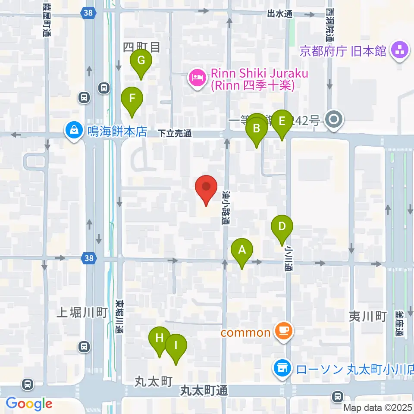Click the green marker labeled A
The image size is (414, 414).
(x=242, y=250)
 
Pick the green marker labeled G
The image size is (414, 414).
(x=141, y=61)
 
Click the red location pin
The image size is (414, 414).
(x=206, y=187)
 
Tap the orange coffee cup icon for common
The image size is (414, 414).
(x=285, y=332)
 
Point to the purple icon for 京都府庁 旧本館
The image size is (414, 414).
(x=399, y=51)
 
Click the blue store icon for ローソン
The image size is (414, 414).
(x=282, y=369)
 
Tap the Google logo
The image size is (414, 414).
(x=29, y=404)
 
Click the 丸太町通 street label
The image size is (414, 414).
(x=204, y=391)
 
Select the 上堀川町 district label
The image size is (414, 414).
(x=82, y=313)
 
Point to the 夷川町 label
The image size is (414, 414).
(x=367, y=317)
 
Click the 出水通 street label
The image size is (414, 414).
(x=279, y=14)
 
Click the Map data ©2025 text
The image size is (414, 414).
(x=378, y=408)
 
